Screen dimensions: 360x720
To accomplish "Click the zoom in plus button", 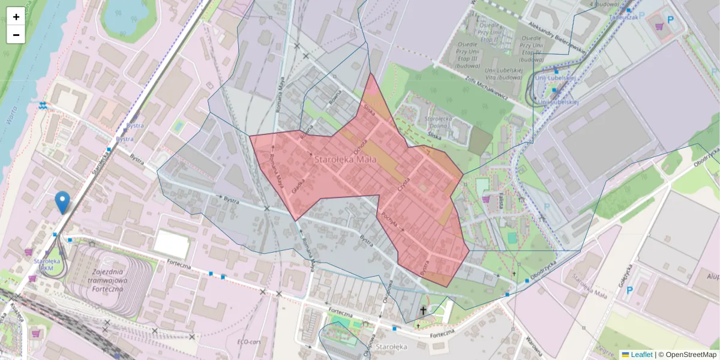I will point(16,17).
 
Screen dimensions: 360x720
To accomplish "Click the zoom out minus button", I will point(16,35).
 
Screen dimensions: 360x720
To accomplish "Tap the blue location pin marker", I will point(62,202).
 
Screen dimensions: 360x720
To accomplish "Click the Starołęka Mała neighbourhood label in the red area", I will point(345,160).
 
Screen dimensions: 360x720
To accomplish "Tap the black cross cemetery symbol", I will point(424,310).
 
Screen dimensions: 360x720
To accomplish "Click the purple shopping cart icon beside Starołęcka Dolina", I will point(485,199).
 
